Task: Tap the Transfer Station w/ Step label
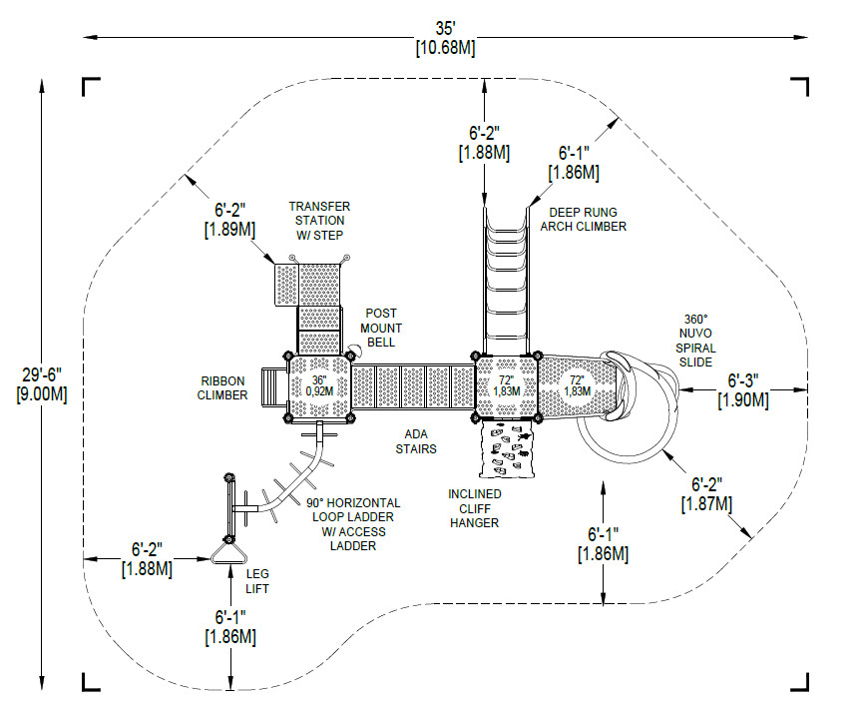319,221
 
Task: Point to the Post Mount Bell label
381,328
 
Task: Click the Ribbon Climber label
222,387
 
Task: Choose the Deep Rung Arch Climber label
583,220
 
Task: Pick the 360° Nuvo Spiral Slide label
695,341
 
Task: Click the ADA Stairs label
416,441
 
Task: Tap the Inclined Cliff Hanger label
475,508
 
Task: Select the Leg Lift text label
257,581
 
